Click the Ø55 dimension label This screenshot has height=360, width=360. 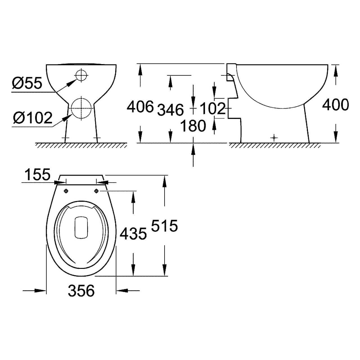(27, 83)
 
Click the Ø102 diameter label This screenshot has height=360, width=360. (32, 118)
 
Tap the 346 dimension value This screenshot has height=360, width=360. (170, 109)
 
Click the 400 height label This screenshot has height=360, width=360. (335, 105)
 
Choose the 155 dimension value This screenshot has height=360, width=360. (37, 175)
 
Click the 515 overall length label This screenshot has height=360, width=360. (165, 226)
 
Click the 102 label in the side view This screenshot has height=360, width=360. (213, 108)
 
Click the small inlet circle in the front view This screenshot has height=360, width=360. (81, 75)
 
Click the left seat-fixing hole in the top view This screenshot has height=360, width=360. (66, 191)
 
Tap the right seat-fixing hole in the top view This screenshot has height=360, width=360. (96, 191)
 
